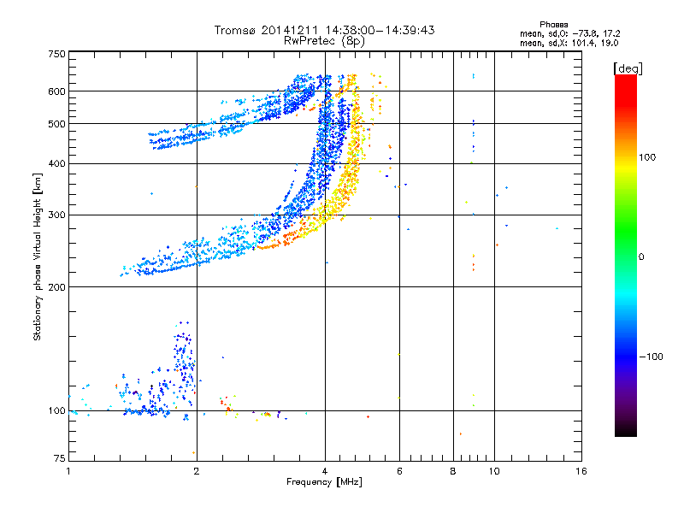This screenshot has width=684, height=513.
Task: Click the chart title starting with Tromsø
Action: click(x=324, y=30)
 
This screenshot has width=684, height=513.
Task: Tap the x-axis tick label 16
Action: click(x=581, y=471)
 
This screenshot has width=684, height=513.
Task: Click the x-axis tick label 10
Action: click(x=493, y=471)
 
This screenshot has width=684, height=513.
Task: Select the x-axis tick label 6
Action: click(x=399, y=471)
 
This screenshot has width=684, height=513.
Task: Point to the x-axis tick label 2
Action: click(x=197, y=471)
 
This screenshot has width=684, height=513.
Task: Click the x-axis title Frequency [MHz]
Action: click(x=324, y=483)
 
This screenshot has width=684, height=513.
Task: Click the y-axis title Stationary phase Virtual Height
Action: click(x=38, y=256)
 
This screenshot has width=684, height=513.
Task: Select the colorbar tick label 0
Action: click(x=642, y=256)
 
